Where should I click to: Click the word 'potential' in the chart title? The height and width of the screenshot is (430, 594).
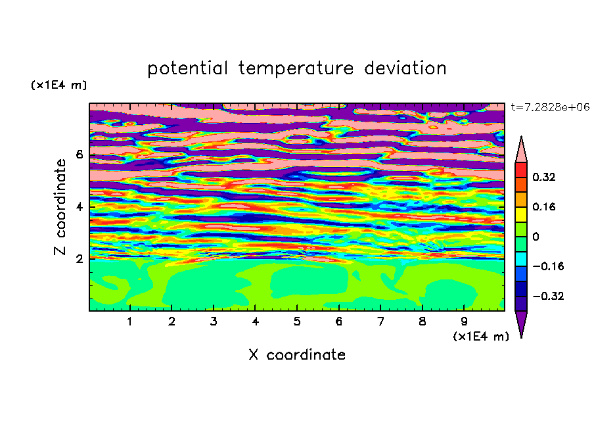(187, 68)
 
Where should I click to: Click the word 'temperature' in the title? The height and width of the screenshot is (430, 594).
(296, 68)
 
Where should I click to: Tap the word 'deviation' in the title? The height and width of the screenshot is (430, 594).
(405, 68)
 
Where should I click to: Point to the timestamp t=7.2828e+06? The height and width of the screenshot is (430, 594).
(550, 107)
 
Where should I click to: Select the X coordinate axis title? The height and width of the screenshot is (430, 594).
(297, 354)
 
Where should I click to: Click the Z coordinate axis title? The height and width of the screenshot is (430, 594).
(60, 206)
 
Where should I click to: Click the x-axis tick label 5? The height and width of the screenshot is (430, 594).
(297, 322)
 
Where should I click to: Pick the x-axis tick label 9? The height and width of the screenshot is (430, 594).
(464, 322)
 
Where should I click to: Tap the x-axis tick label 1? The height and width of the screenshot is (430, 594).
(130, 322)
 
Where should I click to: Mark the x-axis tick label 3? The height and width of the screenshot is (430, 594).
(214, 322)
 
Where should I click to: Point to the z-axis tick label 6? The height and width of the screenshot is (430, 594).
(79, 155)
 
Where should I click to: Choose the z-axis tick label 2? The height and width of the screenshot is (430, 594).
(79, 259)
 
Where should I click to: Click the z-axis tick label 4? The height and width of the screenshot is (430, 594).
(79, 207)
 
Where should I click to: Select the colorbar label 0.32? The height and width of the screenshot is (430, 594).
(544, 177)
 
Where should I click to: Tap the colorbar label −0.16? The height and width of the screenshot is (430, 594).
(548, 266)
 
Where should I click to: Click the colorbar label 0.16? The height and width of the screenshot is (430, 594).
(544, 206)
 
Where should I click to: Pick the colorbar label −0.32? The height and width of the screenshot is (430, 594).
(548, 296)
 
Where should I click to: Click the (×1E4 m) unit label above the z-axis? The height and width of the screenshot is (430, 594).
(58, 85)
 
